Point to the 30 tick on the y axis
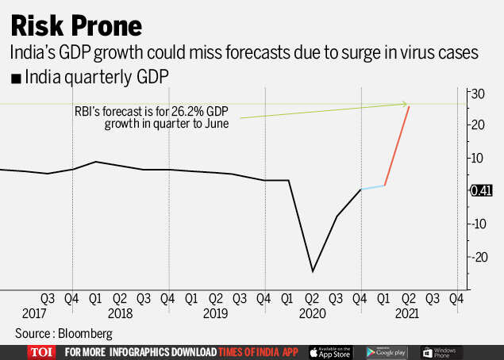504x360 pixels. tap(476, 93)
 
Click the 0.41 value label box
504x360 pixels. tap(482, 190)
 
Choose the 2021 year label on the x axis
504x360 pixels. tap(408, 313)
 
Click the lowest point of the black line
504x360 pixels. tap(313, 271)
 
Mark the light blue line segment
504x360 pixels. tap(373, 187)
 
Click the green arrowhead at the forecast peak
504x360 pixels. tap(405, 104)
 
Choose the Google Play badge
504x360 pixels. tap(387, 351)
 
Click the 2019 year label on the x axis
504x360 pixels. tap(215, 313)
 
